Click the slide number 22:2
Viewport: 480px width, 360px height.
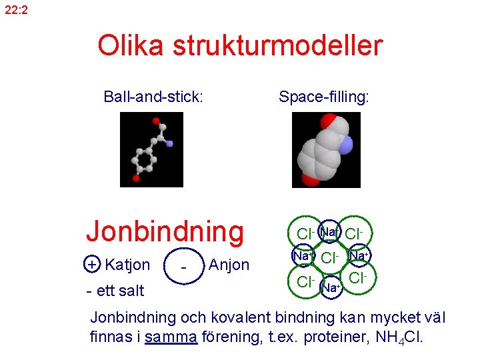coord(16,10)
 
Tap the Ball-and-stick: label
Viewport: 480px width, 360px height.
coord(153,97)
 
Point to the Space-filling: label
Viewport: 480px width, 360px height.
coord(324,97)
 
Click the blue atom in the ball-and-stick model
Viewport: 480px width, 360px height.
coord(169,143)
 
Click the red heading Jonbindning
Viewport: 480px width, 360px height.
coord(165,231)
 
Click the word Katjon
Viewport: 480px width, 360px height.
coord(128,265)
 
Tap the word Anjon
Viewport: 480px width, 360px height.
coord(229,265)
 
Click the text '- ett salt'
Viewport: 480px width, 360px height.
coord(115,291)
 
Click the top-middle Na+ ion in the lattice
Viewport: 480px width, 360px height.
coord(329,232)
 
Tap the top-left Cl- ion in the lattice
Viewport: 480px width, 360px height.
coord(305,234)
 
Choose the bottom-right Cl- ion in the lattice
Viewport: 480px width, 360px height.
coord(359,277)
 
